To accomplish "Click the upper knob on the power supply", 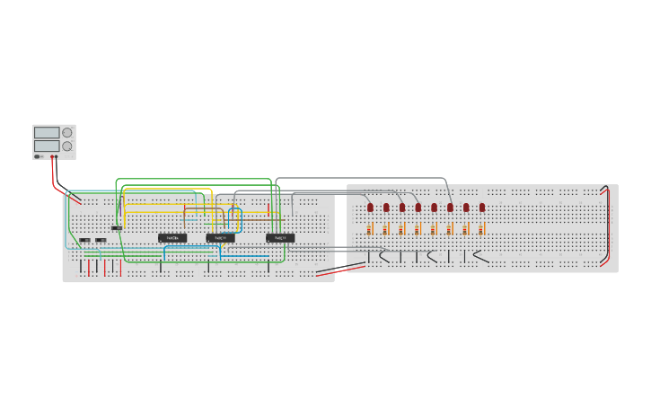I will [x=66, y=132].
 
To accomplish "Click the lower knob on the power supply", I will [x=66, y=146].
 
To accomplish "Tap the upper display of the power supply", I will [x=47, y=132].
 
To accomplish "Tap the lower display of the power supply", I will [x=47, y=146].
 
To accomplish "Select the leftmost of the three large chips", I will [x=172, y=238].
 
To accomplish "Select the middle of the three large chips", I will [x=220, y=238].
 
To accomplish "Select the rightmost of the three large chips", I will [x=280, y=238].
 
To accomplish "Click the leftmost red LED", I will [x=370, y=208].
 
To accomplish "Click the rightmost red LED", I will [x=482, y=208].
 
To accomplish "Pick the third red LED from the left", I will [x=402, y=208].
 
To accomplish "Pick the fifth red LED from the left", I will [x=434, y=208].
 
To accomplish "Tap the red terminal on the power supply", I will [x=55, y=156].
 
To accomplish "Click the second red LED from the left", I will [x=386, y=208].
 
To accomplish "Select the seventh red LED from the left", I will [x=466, y=208].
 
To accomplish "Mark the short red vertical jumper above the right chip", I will [x=269, y=208].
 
